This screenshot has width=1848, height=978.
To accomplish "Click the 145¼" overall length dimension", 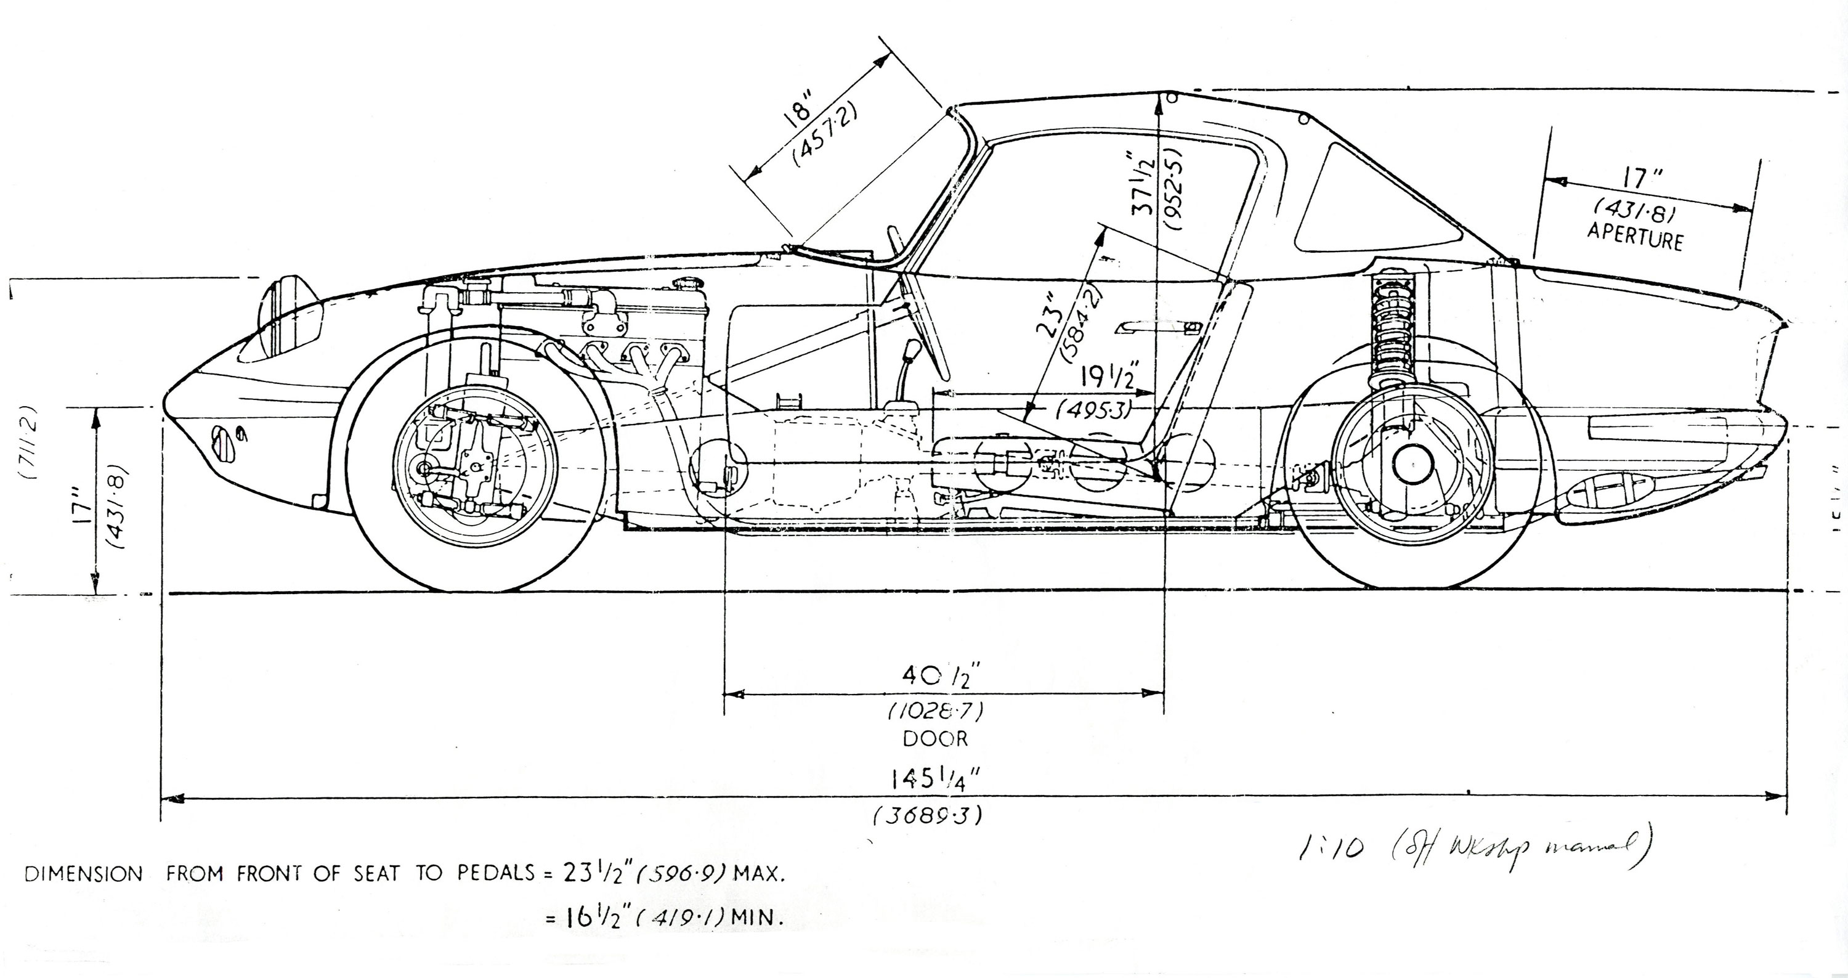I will point(934,778).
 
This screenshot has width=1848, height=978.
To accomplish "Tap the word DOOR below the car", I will point(934,738).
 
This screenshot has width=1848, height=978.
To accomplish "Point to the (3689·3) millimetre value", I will point(927,816).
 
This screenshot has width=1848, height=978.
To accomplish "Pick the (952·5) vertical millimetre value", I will point(1174,189).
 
